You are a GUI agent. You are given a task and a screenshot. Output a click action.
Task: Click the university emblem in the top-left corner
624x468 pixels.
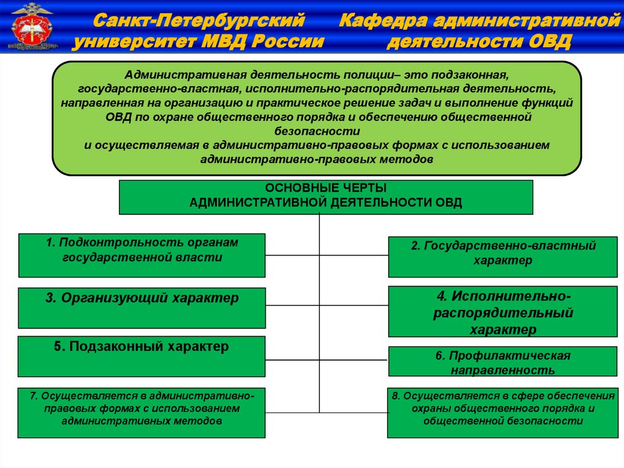[x=33, y=26]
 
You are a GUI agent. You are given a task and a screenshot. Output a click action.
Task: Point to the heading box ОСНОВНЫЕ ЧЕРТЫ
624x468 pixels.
[x=326, y=196]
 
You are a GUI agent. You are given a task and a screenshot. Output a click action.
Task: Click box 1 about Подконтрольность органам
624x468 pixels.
[x=142, y=255]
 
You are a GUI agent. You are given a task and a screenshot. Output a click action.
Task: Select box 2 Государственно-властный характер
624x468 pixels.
[x=503, y=256]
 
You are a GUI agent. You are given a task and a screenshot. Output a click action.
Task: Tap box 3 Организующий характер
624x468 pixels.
[x=142, y=308]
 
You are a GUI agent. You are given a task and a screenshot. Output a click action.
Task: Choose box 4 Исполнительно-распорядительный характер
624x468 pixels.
[x=503, y=312]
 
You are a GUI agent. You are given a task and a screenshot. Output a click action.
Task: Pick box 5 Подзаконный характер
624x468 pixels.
[x=142, y=356]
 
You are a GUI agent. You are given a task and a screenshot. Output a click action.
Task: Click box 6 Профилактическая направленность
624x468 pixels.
[x=503, y=362]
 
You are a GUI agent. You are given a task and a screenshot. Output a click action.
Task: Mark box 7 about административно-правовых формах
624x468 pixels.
[x=142, y=412]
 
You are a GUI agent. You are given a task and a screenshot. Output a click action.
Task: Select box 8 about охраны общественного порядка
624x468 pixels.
[x=503, y=412]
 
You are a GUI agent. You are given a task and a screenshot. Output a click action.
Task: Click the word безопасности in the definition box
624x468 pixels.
[x=317, y=131]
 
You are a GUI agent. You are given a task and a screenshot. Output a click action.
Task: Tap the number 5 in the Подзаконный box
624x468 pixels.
[x=57, y=347]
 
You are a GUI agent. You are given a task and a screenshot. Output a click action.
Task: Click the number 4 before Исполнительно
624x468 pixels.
[x=441, y=297]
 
